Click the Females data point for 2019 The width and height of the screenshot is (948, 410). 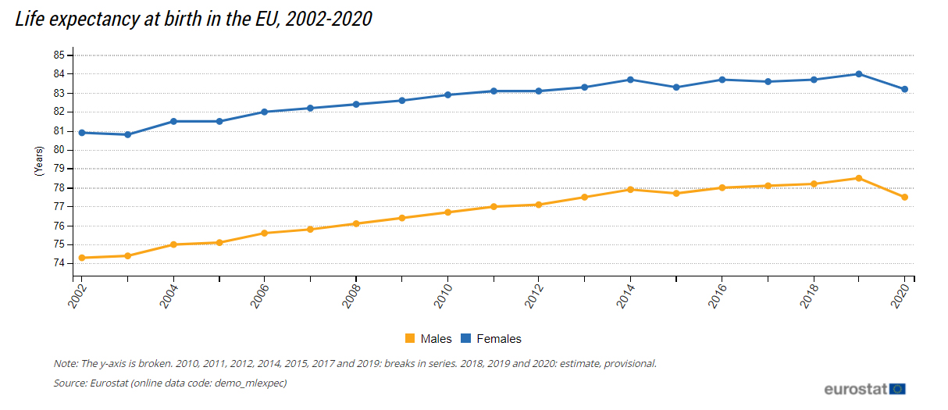(x=859, y=74)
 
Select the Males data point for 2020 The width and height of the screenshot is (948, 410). (x=904, y=197)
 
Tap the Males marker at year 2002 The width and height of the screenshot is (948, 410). (x=82, y=258)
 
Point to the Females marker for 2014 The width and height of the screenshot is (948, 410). (x=630, y=80)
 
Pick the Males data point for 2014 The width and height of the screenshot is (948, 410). (x=630, y=190)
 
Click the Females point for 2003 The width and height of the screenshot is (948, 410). (x=128, y=134)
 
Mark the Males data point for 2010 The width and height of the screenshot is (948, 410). (x=447, y=212)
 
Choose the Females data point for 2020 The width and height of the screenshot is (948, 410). (x=904, y=89)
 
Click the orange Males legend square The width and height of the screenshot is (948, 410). (x=409, y=338)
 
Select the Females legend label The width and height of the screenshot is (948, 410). (x=498, y=338)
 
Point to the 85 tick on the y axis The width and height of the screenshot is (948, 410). (x=59, y=55)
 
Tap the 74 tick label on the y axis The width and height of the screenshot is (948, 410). (x=59, y=263)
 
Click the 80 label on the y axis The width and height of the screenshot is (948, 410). (x=59, y=150)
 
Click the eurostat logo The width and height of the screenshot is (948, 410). (x=864, y=388)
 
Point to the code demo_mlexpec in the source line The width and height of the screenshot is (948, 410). (x=250, y=383)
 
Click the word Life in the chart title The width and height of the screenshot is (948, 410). (x=30, y=20)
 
